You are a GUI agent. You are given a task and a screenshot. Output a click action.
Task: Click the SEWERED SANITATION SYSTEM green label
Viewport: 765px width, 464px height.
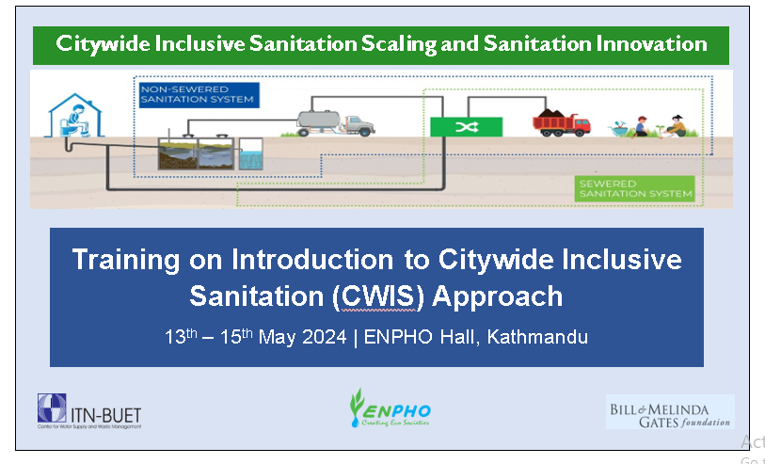[x=634, y=187]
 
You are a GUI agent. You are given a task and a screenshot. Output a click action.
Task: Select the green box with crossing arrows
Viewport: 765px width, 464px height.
[x=466, y=127]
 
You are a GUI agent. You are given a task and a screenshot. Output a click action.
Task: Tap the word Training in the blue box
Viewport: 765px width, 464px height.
[x=130, y=260]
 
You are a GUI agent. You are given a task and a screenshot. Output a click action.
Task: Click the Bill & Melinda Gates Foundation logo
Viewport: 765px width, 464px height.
[x=669, y=411]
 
